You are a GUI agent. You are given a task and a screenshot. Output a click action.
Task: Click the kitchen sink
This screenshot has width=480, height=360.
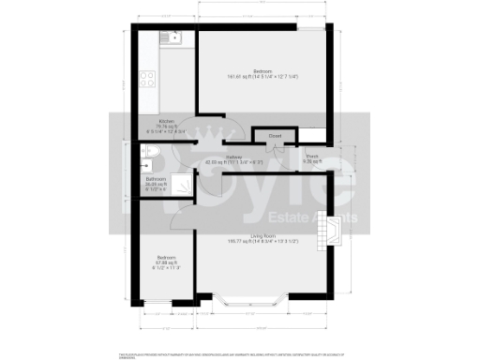171,38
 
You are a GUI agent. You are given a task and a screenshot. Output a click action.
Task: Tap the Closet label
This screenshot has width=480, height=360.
275,137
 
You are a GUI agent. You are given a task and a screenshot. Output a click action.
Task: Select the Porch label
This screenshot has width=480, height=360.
311,156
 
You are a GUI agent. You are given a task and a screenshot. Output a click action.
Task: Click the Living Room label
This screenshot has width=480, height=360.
262,235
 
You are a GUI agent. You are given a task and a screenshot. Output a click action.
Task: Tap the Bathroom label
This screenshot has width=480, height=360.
156,178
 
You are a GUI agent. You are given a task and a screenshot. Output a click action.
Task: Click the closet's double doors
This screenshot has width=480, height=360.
275,146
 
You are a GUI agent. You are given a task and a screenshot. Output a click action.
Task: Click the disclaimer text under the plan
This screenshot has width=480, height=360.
240,354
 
